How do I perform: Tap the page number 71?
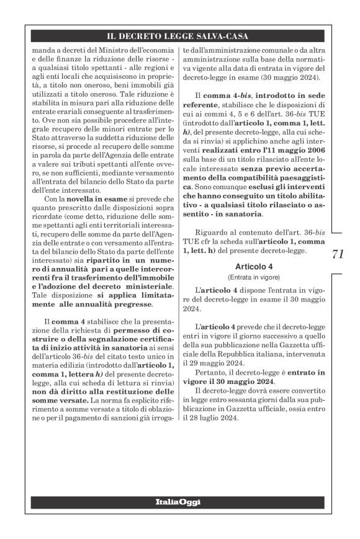point(338,254)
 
